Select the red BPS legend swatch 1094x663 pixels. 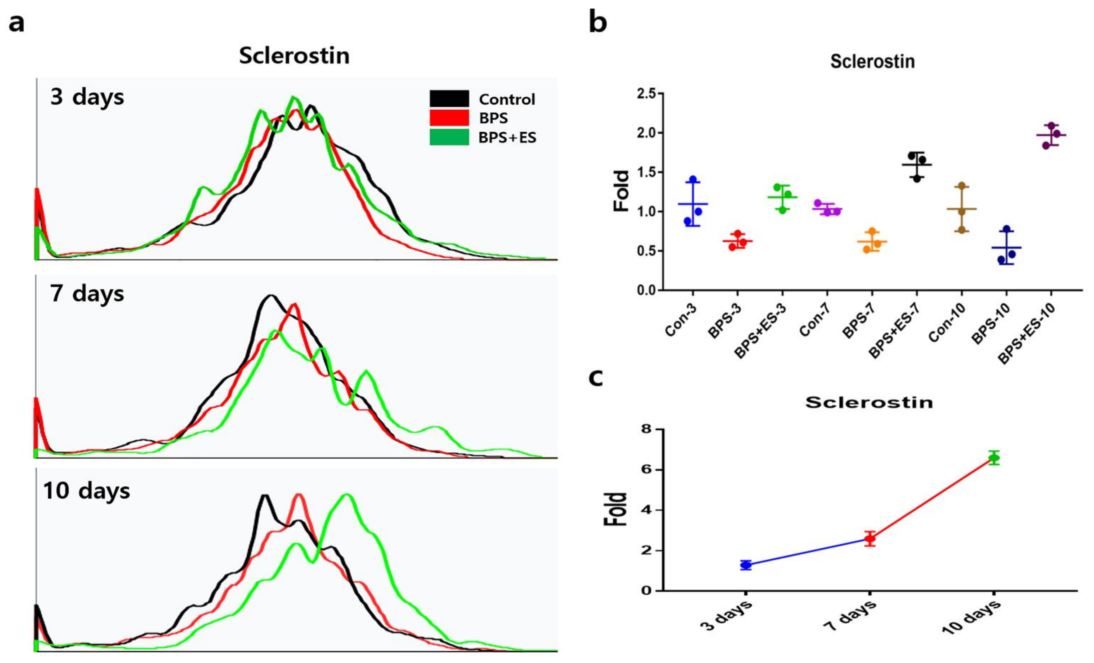449,118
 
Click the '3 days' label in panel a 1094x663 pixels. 87,97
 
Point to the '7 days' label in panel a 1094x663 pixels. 87,294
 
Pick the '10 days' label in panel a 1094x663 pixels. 87,491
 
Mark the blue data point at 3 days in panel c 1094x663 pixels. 746,565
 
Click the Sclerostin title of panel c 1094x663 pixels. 869,402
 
